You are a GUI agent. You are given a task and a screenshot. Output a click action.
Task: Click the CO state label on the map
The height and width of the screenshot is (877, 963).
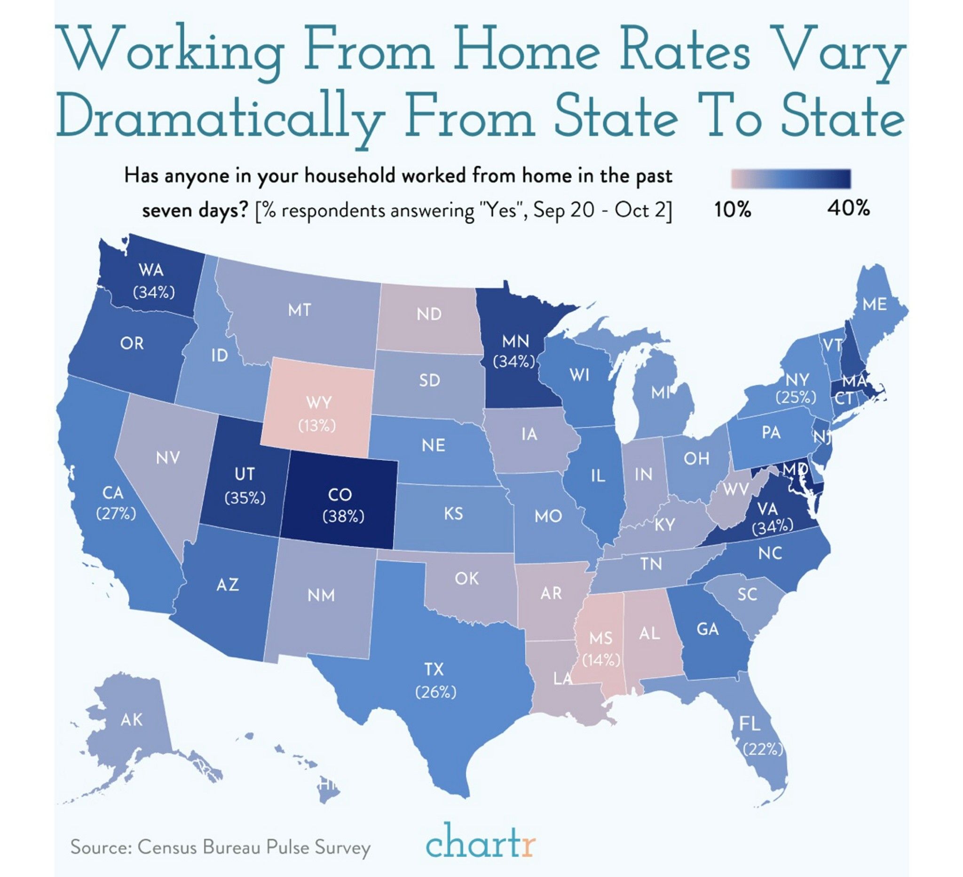[x=339, y=495]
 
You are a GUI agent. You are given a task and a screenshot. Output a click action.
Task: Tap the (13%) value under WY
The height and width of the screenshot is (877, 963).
[x=317, y=425]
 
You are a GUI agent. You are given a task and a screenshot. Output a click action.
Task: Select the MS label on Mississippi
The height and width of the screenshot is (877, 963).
[x=600, y=638]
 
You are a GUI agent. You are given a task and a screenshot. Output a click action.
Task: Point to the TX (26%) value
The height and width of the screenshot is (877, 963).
[x=435, y=692]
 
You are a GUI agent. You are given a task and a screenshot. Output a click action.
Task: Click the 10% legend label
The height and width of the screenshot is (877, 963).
[x=733, y=210]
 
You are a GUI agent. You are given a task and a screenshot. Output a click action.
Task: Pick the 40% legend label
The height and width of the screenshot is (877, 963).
[x=848, y=208]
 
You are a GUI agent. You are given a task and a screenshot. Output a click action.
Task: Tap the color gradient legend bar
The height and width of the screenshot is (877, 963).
[x=790, y=179]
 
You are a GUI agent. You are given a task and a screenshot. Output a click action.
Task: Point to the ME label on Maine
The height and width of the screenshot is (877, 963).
[x=875, y=304]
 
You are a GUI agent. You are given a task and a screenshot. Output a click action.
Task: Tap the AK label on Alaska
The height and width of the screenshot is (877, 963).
[x=131, y=720]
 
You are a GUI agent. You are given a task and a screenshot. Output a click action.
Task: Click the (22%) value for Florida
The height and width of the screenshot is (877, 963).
[x=763, y=750]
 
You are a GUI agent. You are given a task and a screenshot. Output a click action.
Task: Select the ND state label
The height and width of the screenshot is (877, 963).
[x=428, y=314]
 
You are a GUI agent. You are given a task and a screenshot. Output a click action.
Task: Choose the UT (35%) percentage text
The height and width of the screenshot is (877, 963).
[x=245, y=498]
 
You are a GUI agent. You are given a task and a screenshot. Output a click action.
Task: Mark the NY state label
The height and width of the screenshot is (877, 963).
[x=797, y=380]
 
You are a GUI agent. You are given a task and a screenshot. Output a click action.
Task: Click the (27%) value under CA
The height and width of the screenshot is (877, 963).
[x=116, y=514]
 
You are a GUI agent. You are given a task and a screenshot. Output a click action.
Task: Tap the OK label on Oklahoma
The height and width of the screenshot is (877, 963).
[x=466, y=578]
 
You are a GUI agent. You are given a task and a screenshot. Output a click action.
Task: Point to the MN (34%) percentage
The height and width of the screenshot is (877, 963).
[x=513, y=362]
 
